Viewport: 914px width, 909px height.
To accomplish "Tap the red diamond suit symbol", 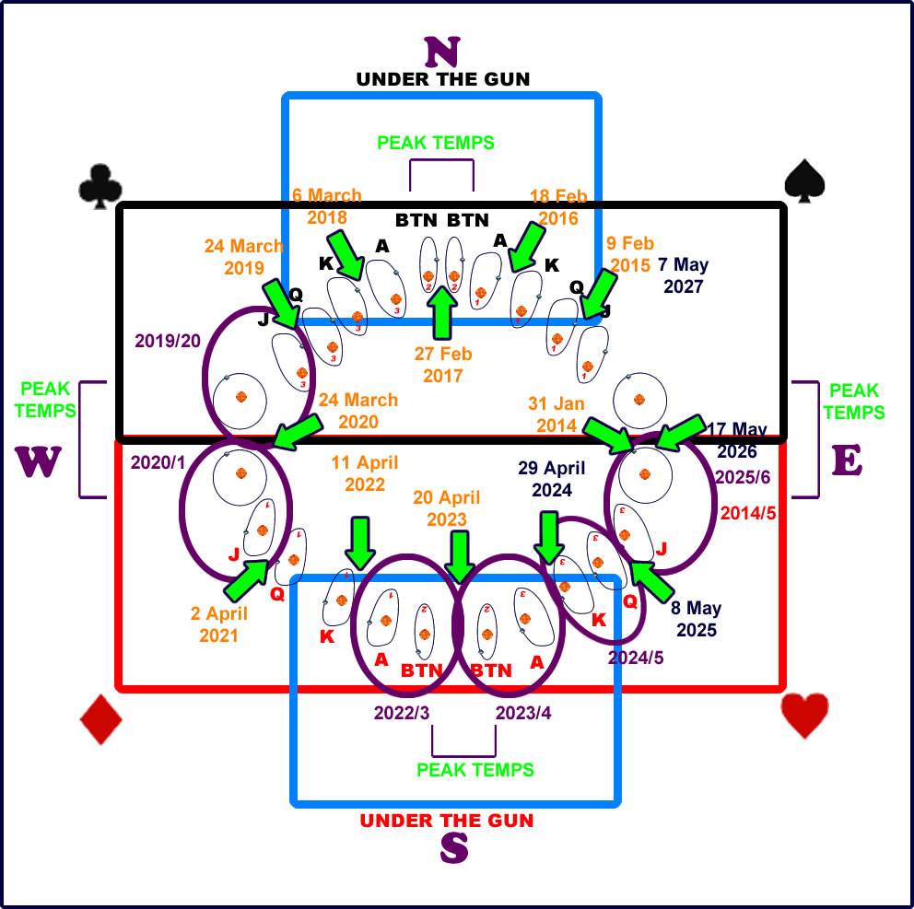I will tap(101, 718).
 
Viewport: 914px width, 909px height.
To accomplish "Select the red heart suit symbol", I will tap(804, 715).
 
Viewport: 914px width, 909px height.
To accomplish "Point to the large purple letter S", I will tap(453, 848).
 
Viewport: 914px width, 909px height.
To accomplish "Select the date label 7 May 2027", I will tap(683, 275).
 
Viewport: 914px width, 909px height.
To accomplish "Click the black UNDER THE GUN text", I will tap(443, 79).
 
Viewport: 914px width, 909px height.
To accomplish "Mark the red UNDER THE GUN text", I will tap(447, 821).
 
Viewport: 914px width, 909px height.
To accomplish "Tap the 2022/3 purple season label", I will tap(402, 713).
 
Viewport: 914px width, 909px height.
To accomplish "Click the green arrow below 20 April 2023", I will tap(458, 550).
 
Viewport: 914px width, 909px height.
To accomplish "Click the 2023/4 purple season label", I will tap(524, 713).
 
